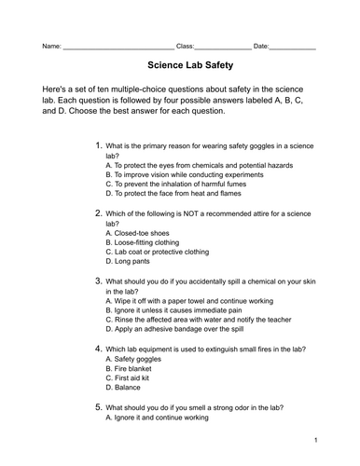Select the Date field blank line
(x=293, y=47)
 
